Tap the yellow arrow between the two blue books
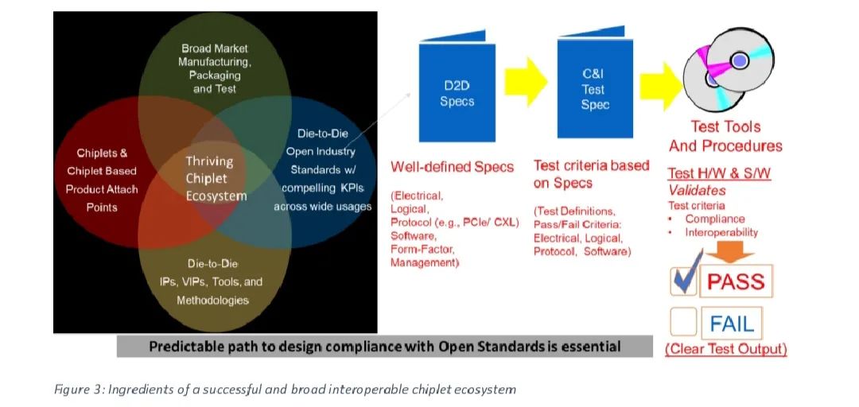click(x=526, y=81)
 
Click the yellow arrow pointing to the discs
click(x=662, y=85)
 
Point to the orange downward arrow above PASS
click(x=729, y=253)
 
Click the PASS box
click(x=736, y=281)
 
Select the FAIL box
click(x=732, y=324)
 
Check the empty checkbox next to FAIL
click(x=684, y=322)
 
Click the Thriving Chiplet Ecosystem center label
click(x=216, y=179)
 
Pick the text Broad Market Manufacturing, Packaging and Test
click(x=214, y=68)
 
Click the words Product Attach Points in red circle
click(x=102, y=198)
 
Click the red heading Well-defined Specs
click(x=452, y=167)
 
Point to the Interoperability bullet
click(x=721, y=232)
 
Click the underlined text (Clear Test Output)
click(x=726, y=349)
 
